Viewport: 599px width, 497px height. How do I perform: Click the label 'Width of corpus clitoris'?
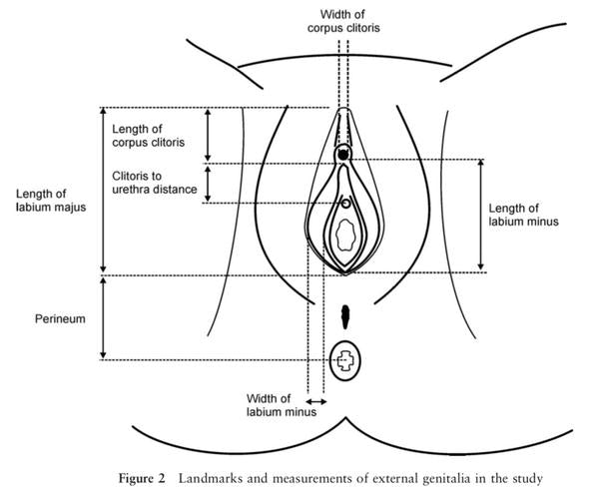(x=342, y=20)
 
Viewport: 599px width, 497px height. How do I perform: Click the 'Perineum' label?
(x=51, y=320)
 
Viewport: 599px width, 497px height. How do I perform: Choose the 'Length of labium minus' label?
(x=523, y=215)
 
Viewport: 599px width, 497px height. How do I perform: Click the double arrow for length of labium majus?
(x=103, y=190)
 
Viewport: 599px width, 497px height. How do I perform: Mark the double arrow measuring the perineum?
(x=103, y=318)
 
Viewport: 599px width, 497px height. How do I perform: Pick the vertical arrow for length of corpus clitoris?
(x=208, y=135)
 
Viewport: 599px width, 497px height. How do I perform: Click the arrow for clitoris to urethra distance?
(x=208, y=184)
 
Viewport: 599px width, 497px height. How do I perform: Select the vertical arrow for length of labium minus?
(x=482, y=215)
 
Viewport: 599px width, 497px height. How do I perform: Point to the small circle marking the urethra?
(x=345, y=204)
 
